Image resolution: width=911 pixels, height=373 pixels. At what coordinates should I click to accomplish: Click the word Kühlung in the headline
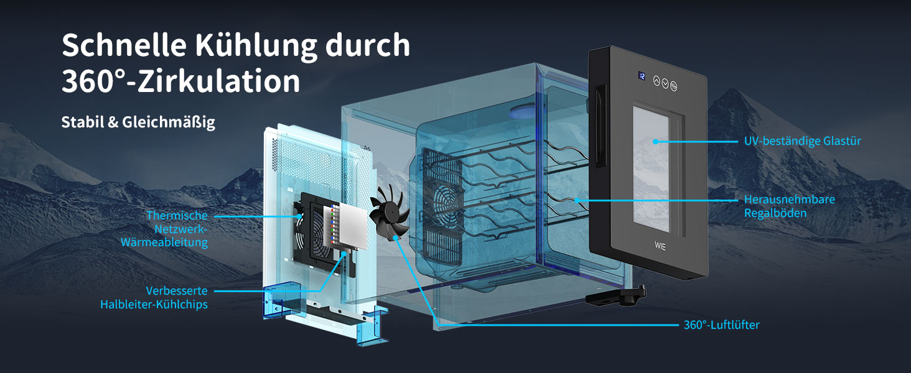tap(256, 45)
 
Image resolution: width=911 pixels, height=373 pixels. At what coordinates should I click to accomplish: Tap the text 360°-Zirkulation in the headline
tap(181, 81)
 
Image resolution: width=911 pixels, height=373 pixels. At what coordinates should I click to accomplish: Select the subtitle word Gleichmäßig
tap(169, 122)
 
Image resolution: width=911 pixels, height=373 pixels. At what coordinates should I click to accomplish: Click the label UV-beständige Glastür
tap(802, 141)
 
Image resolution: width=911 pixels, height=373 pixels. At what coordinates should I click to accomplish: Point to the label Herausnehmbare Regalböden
tap(790, 206)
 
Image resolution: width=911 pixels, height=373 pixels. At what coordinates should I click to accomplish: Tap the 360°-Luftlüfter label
tap(721, 325)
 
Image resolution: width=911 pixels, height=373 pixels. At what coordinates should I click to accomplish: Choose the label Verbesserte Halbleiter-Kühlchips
tap(154, 297)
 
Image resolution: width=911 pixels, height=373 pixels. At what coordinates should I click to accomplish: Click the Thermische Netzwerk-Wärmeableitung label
tap(164, 229)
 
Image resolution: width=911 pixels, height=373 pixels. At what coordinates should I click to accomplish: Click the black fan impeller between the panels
tap(388, 213)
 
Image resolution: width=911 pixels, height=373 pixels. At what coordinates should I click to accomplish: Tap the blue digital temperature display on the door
tap(642, 76)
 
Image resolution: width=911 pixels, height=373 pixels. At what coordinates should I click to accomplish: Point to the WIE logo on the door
tap(660, 246)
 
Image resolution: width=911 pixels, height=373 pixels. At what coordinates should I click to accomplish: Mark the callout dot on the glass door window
tap(655, 141)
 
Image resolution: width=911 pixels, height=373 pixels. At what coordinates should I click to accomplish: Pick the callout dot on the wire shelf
tap(577, 200)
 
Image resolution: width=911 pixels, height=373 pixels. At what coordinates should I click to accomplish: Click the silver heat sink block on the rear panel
tap(352, 226)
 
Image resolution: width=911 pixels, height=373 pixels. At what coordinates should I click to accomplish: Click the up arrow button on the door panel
tap(656, 80)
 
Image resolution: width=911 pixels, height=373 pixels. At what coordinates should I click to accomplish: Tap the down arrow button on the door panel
tap(665, 83)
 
